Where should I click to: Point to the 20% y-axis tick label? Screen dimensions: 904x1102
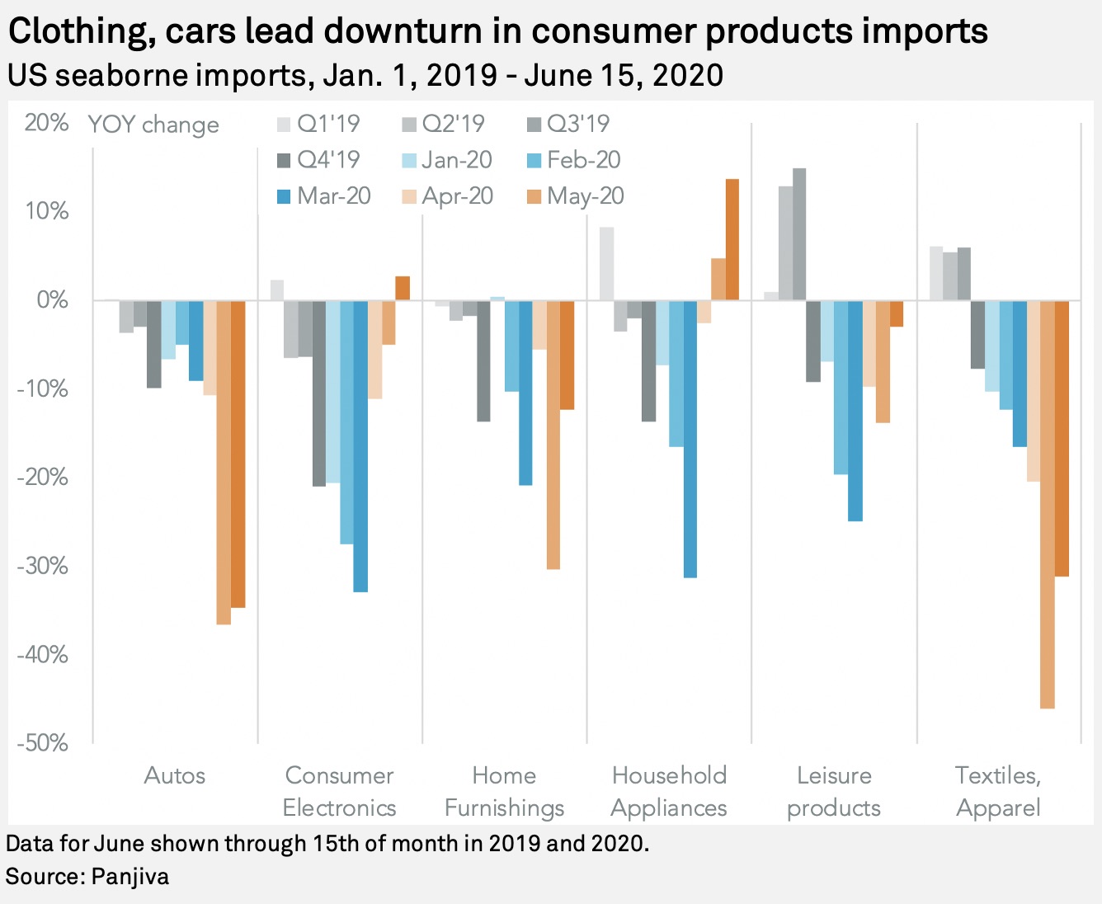pyautogui.click(x=46, y=123)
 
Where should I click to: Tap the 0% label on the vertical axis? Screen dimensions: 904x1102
pyautogui.click(x=52, y=300)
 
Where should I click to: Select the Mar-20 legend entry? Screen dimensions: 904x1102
pyautogui.click(x=324, y=196)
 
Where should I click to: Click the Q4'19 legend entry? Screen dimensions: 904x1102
pyautogui.click(x=318, y=160)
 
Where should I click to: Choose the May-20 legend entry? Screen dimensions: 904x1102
pyautogui.click(x=576, y=196)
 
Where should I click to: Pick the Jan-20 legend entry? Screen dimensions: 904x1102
pyautogui.click(x=448, y=160)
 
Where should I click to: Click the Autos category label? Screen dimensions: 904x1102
pyautogui.click(x=175, y=775)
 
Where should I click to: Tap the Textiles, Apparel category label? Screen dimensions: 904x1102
pyautogui.click(x=998, y=791)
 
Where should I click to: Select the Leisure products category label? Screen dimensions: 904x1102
pyautogui.click(x=834, y=791)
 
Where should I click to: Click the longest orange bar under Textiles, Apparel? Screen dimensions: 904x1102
pyautogui.click(x=1048, y=504)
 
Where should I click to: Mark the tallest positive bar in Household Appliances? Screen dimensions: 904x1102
pyautogui.click(x=732, y=239)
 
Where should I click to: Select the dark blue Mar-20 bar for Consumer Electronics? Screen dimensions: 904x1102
pyautogui.click(x=360, y=445)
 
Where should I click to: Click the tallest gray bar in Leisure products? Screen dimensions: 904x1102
pyautogui.click(x=799, y=234)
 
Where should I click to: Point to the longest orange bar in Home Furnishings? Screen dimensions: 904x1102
pyautogui.click(x=553, y=435)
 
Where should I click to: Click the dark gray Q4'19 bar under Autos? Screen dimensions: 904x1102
pyautogui.click(x=154, y=344)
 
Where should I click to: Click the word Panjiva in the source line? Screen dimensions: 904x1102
pyautogui.click(x=130, y=876)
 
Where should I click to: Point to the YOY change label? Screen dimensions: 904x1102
pyautogui.click(x=153, y=125)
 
